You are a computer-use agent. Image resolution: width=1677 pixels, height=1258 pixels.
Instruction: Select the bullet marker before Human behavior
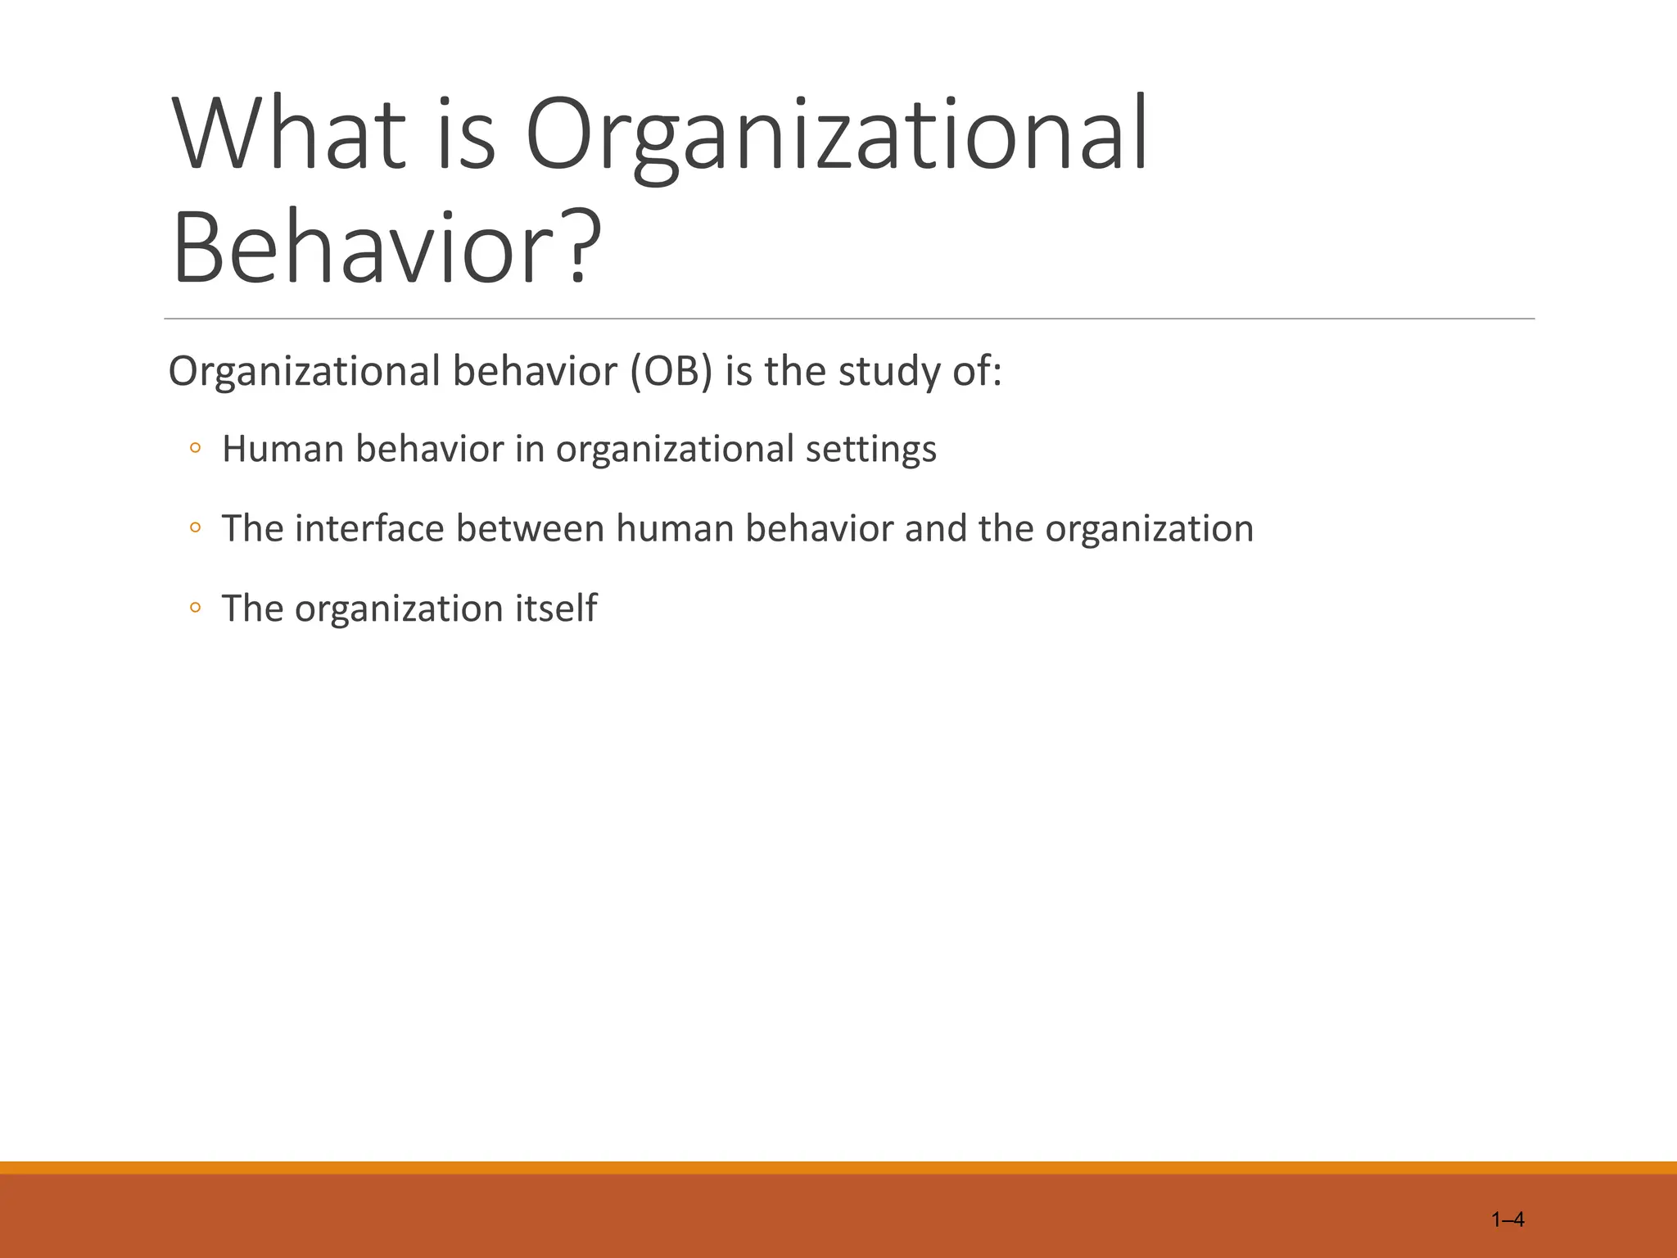195,449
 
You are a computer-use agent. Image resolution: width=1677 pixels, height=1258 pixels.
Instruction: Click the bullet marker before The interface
195,528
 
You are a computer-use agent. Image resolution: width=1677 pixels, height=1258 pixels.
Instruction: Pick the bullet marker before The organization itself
195,608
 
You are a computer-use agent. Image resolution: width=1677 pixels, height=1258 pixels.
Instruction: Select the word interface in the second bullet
369,528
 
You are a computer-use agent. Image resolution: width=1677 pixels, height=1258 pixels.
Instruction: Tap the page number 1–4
1507,1220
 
